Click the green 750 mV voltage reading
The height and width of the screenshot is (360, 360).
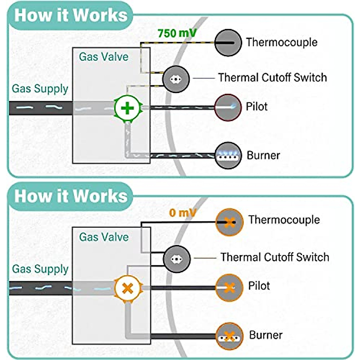177,33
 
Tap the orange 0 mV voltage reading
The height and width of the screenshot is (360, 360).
182,213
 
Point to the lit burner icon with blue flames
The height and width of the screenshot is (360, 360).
228,155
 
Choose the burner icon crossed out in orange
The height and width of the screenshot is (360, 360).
229,336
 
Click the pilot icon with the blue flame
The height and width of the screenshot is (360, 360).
228,107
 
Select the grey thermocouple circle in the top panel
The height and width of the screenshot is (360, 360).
228,43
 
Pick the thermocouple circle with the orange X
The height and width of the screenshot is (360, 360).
229,222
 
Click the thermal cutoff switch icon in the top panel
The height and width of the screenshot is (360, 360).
176,79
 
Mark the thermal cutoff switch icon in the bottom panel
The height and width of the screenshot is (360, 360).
176,259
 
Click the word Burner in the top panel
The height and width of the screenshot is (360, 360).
263,155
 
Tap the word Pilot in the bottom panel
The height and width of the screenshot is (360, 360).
259,286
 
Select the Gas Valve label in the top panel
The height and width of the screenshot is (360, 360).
103,57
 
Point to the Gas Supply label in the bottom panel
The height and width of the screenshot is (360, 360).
40,269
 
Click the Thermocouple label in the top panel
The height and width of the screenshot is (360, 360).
282,42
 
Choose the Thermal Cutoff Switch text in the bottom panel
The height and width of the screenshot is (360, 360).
275,257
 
